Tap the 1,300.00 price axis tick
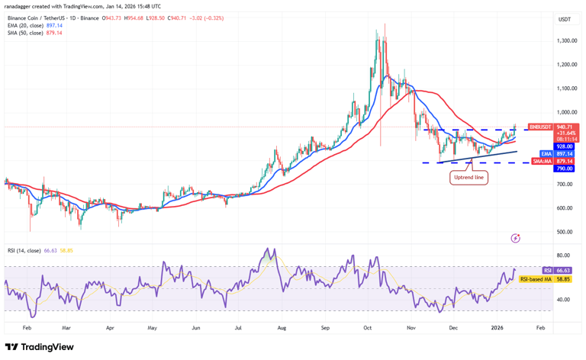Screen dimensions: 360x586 point(565,40)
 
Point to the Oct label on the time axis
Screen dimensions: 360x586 point(368,326)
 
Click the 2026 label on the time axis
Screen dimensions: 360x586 point(497,326)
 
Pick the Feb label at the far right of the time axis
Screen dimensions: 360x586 point(540,326)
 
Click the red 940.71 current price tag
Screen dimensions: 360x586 point(565,127)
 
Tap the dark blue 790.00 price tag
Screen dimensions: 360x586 point(565,169)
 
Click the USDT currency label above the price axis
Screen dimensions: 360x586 point(565,19)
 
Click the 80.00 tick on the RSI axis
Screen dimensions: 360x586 point(564,256)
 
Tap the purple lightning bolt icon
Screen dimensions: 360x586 point(516,238)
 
